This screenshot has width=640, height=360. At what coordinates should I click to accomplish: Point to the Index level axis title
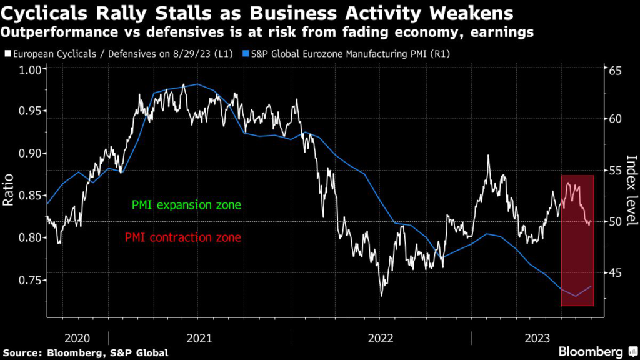pos(630,189)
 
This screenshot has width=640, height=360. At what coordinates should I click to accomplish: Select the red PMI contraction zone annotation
pos(182,237)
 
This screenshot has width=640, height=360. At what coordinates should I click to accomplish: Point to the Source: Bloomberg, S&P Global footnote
pos(85,352)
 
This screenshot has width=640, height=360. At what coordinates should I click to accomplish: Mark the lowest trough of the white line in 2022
pos(381,295)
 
